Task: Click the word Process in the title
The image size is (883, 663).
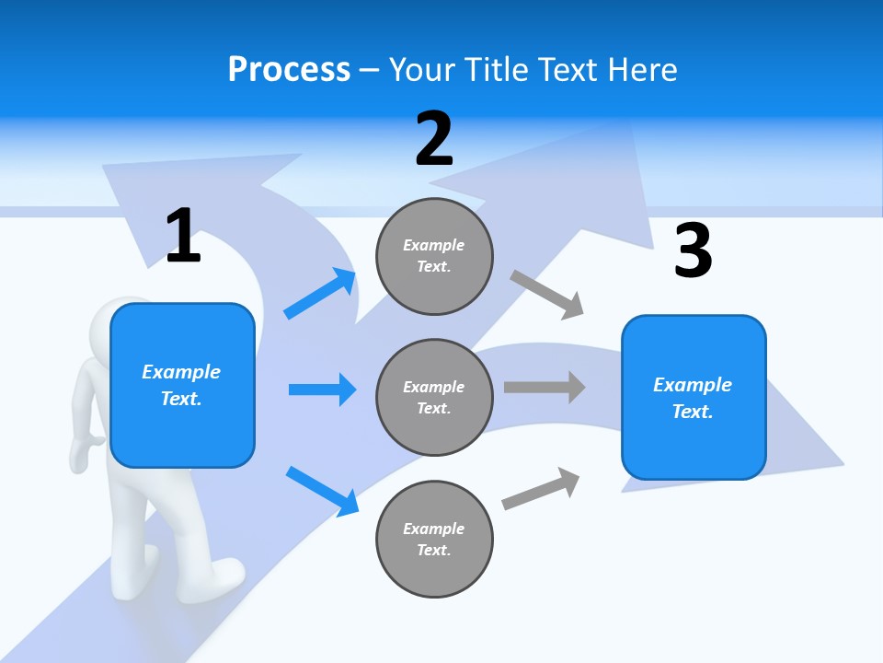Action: pyautogui.click(x=289, y=69)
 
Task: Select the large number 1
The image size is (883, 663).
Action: pyautogui.click(x=183, y=236)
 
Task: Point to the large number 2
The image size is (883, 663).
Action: pyautogui.click(x=434, y=139)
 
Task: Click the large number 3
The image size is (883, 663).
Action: pyautogui.click(x=693, y=250)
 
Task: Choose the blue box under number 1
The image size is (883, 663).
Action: pyautogui.click(x=182, y=385)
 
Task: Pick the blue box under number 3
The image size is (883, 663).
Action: pyautogui.click(x=694, y=397)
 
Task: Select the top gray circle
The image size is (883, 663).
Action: pyautogui.click(x=435, y=256)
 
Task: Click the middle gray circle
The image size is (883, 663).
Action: pyautogui.click(x=435, y=397)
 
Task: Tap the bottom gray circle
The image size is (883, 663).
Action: pyautogui.click(x=435, y=539)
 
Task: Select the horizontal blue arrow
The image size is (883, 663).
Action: pyautogui.click(x=322, y=390)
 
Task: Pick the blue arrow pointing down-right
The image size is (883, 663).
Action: pyautogui.click(x=323, y=490)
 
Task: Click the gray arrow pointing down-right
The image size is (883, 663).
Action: pyautogui.click(x=547, y=294)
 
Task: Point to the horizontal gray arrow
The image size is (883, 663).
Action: pyautogui.click(x=544, y=387)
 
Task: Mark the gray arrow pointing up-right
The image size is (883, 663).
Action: pyautogui.click(x=541, y=488)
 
